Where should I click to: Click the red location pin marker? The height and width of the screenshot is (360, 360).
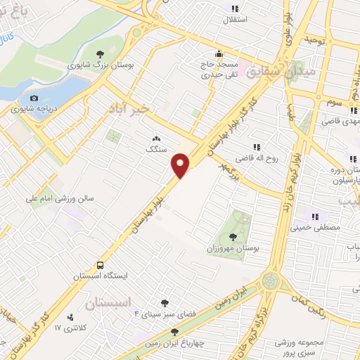click(x=181, y=165)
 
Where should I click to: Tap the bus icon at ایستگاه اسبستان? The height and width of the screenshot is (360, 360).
click(x=101, y=266)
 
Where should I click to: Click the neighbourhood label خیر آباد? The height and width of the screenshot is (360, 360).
click(x=117, y=110)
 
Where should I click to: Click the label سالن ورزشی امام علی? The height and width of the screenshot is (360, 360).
click(x=61, y=199)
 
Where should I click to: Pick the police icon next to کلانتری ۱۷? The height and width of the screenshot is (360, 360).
click(x=70, y=318)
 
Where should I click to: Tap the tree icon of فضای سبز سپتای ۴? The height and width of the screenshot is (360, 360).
click(x=165, y=303)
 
